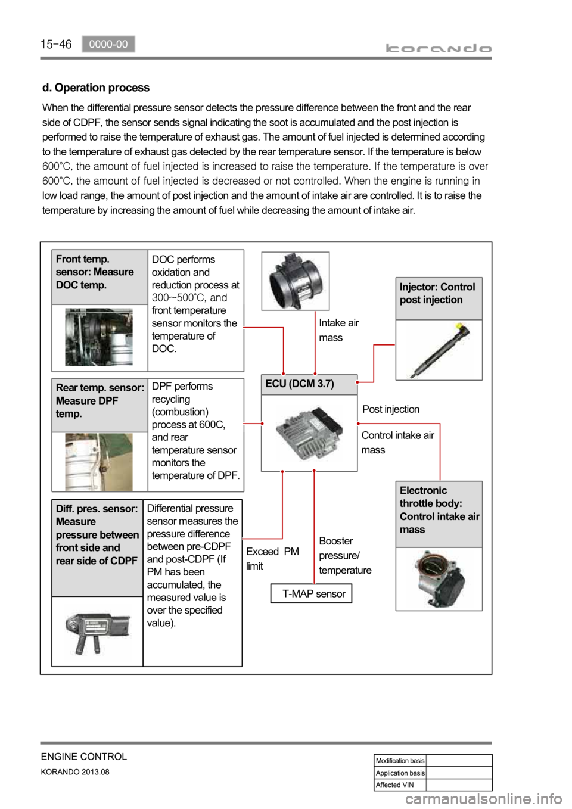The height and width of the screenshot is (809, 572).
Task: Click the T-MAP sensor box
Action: click(311, 593)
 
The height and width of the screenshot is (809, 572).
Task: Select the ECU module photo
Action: click(309, 433)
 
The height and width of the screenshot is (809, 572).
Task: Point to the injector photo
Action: click(439, 350)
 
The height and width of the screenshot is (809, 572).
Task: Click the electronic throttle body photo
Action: click(439, 578)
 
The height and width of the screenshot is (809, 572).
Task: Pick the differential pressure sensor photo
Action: click(97, 631)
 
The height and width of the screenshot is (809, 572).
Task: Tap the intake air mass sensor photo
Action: click(296, 281)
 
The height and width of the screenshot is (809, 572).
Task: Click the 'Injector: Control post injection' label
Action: click(439, 294)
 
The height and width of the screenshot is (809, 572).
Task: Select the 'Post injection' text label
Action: click(391, 409)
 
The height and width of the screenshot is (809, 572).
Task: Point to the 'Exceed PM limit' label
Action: click(272, 559)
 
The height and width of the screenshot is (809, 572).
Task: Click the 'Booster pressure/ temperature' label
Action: click(345, 555)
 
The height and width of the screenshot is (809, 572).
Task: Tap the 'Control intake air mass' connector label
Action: click(397, 442)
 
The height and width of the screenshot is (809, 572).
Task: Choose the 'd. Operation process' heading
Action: click(96, 88)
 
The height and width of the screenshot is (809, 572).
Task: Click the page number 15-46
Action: click(56, 44)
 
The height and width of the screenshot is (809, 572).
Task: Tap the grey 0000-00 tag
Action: click(108, 43)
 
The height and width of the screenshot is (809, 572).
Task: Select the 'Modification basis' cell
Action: click(400, 760)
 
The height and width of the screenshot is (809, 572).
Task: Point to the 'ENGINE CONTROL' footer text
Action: click(84, 757)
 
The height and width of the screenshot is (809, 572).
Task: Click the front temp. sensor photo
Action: click(99, 337)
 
